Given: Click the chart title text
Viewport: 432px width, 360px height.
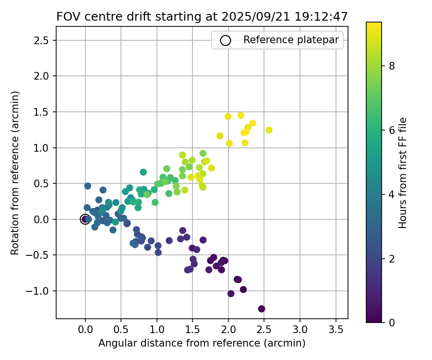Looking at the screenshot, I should click(x=202, y=16).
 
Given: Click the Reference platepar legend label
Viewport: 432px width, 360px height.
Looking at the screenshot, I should click(x=291, y=40).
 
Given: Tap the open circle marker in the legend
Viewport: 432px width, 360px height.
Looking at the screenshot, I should click(x=226, y=40).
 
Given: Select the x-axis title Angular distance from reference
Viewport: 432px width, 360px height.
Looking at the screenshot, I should click(x=202, y=343).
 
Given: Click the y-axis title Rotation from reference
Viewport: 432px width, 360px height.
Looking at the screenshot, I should click(x=15, y=173).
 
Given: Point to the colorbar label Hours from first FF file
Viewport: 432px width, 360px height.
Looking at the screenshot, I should click(x=403, y=173).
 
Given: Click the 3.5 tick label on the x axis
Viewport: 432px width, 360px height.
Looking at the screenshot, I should click(x=335, y=330).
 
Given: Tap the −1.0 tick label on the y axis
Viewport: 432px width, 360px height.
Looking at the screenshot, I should click(x=40, y=291).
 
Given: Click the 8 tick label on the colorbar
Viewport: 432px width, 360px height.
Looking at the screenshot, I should click(x=392, y=66).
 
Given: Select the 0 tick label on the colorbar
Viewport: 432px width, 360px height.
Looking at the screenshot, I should click(x=392, y=322).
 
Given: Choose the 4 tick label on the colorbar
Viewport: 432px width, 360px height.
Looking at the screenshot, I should click(x=392, y=194).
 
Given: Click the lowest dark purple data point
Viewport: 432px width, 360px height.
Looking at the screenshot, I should click(x=262, y=309).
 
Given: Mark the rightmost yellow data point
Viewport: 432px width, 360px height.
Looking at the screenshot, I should click(x=269, y=130).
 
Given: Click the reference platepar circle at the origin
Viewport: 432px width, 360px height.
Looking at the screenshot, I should click(x=85, y=219).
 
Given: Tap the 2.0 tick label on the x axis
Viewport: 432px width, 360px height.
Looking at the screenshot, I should click(x=228, y=330).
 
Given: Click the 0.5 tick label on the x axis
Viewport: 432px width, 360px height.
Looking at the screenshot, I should click(x=121, y=330).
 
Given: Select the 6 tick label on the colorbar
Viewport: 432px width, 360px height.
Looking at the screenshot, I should click(x=392, y=130).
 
